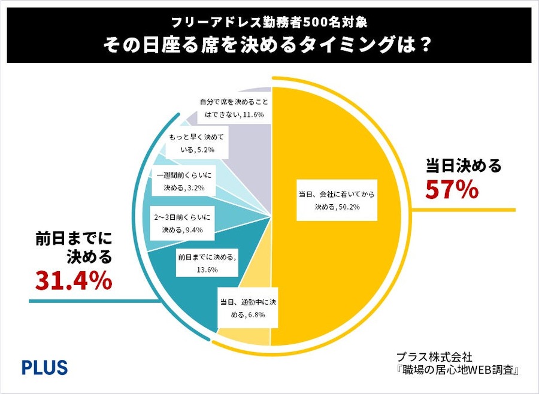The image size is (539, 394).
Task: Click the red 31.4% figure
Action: [x=73, y=280]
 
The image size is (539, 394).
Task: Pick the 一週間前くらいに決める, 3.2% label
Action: [x=180, y=182]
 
